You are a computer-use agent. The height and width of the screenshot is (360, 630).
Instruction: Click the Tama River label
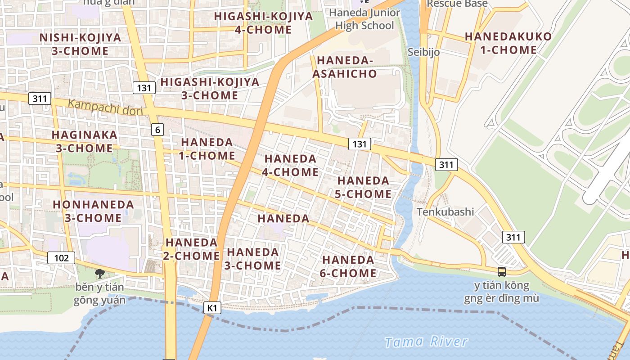point(426,342)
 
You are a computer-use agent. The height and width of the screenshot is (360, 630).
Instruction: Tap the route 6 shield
point(157,130)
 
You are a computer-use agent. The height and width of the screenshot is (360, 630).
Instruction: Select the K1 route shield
point(212,308)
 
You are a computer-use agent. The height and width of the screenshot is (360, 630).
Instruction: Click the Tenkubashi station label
point(445,211)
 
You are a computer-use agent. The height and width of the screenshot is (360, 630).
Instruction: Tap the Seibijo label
point(423,52)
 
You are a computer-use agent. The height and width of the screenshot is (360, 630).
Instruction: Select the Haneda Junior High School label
point(364,19)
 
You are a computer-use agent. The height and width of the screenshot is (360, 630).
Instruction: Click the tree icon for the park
point(99,273)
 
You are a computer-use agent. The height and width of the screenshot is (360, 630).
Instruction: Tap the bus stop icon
point(501,271)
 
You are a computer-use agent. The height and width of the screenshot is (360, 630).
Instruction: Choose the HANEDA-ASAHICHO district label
point(345,67)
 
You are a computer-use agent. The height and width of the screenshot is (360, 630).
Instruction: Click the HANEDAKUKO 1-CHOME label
point(508,43)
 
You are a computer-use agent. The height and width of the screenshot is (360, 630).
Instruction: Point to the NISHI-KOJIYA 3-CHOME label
point(80,44)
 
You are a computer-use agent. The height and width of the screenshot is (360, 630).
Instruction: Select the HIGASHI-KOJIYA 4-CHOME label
point(263,23)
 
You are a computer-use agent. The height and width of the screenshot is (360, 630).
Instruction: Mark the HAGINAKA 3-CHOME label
point(84,141)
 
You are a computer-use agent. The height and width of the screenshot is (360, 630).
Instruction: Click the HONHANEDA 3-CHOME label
point(93,211)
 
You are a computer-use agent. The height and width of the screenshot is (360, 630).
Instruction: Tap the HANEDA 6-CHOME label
point(349,266)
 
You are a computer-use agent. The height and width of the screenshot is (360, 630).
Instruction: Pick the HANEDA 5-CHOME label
point(364,187)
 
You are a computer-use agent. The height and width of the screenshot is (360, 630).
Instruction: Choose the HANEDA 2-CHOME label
point(192,249)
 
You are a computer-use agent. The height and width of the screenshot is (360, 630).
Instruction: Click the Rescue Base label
point(457,4)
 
